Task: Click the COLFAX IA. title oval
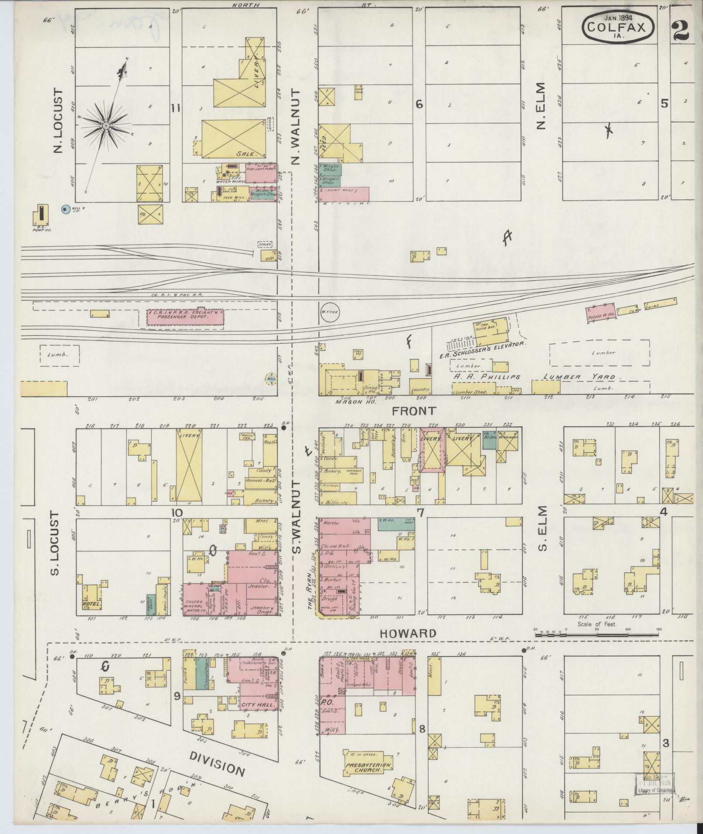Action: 618,27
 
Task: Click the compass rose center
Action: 105,126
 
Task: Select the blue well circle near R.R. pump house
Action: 65,209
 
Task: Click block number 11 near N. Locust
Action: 176,109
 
